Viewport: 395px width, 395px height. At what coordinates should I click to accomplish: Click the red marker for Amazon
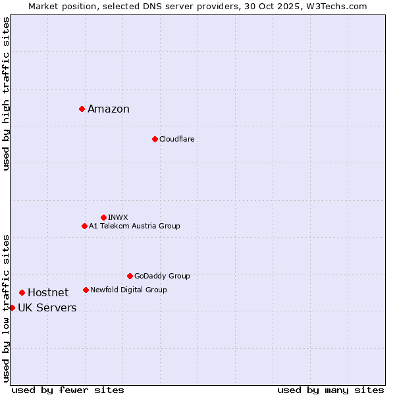pyautogui.click(x=82, y=109)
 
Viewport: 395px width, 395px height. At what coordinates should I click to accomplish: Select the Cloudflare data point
pyautogui.click(x=155, y=139)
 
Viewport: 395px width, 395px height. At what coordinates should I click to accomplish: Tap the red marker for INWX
pyautogui.click(x=103, y=217)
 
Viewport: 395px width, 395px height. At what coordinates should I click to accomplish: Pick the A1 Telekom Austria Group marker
pyautogui.click(x=84, y=226)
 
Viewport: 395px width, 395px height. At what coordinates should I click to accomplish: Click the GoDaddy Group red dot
pyautogui.click(x=130, y=276)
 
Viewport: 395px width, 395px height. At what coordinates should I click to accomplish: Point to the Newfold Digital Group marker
pyautogui.click(x=86, y=290)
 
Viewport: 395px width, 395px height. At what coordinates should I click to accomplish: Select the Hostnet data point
pyautogui.click(x=22, y=292)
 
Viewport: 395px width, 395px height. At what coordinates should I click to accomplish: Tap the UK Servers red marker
pyautogui.click(x=12, y=307)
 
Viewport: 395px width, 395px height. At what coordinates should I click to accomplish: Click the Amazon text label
pyautogui.click(x=109, y=109)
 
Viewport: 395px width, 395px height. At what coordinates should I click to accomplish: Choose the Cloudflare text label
pyautogui.click(x=176, y=139)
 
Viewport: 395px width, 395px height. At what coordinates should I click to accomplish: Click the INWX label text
pyautogui.click(x=118, y=217)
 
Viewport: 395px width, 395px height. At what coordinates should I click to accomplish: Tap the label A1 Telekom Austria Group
pyautogui.click(x=134, y=226)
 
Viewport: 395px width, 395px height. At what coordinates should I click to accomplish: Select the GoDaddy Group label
pyautogui.click(x=162, y=276)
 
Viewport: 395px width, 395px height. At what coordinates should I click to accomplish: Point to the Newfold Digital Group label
pyautogui.click(x=128, y=290)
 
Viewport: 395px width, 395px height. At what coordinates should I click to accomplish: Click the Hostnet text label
pyautogui.click(x=48, y=293)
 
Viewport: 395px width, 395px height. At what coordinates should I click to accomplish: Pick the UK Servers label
pyautogui.click(x=47, y=308)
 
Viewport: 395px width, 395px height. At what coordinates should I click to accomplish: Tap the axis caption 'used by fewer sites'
pyautogui.click(x=68, y=390)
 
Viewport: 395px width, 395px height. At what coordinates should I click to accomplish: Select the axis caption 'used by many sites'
pyautogui.click(x=330, y=390)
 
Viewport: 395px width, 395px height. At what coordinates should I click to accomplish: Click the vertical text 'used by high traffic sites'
pyautogui.click(x=6, y=93)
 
